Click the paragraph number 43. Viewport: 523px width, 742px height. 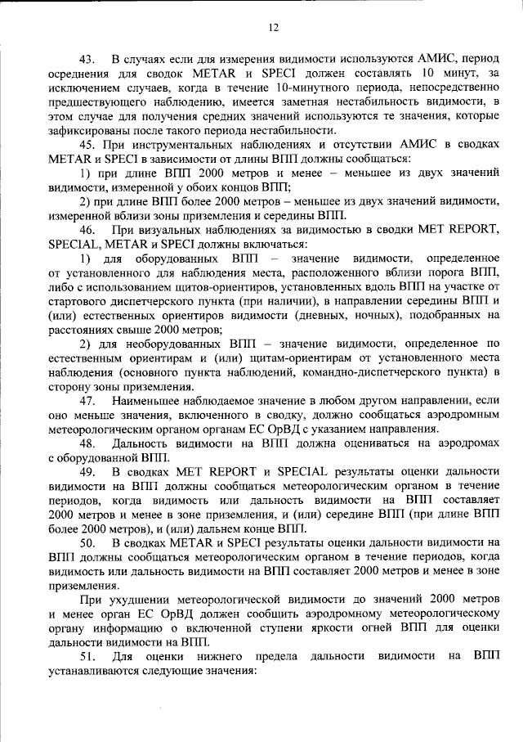coord(87,60)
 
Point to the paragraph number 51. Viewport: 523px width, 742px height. coord(87,656)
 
